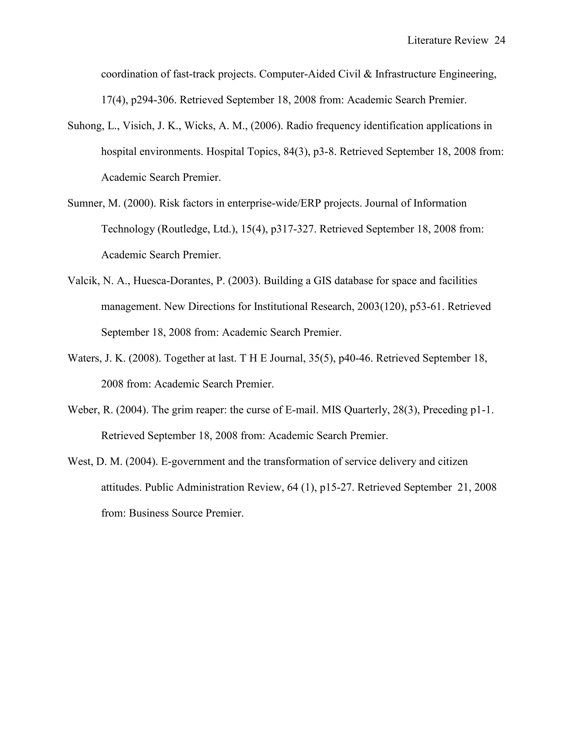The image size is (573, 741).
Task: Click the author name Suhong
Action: (x=84, y=126)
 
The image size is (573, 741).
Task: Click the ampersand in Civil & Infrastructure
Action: (x=367, y=74)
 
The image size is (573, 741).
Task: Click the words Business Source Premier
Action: (x=186, y=513)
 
